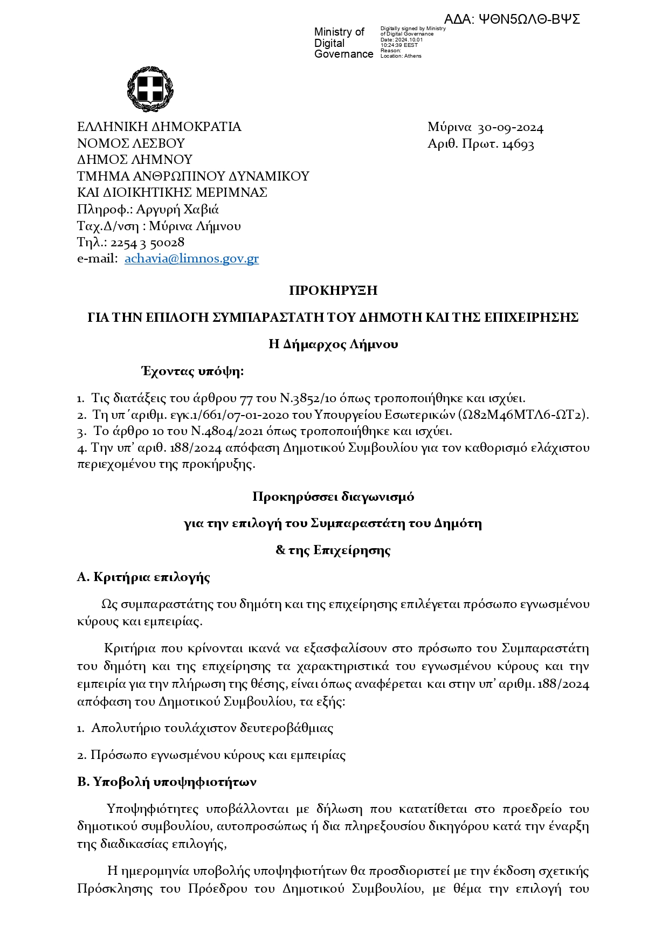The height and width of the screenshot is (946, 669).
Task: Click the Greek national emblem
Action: pyautogui.click(x=150, y=89)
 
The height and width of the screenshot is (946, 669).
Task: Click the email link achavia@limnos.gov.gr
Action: pyautogui.click(x=191, y=259)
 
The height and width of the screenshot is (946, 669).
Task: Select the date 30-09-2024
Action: pyautogui.click(x=511, y=128)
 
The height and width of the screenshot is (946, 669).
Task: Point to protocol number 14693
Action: pyautogui.click(x=518, y=144)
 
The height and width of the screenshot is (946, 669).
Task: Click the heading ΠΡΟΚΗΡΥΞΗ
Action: pyautogui.click(x=333, y=291)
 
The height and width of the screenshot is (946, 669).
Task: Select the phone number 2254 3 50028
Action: pyautogui.click(x=147, y=243)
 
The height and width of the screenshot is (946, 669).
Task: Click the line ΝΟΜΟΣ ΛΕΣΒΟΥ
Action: pyautogui.click(x=131, y=143)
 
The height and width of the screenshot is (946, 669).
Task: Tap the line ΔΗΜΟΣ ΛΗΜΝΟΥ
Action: pyautogui.click(x=135, y=160)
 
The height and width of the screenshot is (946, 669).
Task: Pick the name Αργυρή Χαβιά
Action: pyautogui.click(x=177, y=209)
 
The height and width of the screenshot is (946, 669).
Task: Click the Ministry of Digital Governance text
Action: pyautogui.click(x=343, y=43)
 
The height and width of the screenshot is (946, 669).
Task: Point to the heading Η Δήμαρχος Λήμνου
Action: pyautogui.click(x=333, y=344)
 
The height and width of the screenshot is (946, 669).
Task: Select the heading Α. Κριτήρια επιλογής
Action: pyautogui.click(x=143, y=577)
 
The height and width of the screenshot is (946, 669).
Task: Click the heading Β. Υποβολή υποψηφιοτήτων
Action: pyautogui.click(x=167, y=782)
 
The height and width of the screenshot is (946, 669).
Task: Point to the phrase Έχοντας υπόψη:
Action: pyautogui.click(x=192, y=371)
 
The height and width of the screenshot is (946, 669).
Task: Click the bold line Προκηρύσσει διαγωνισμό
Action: pyautogui.click(x=333, y=496)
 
